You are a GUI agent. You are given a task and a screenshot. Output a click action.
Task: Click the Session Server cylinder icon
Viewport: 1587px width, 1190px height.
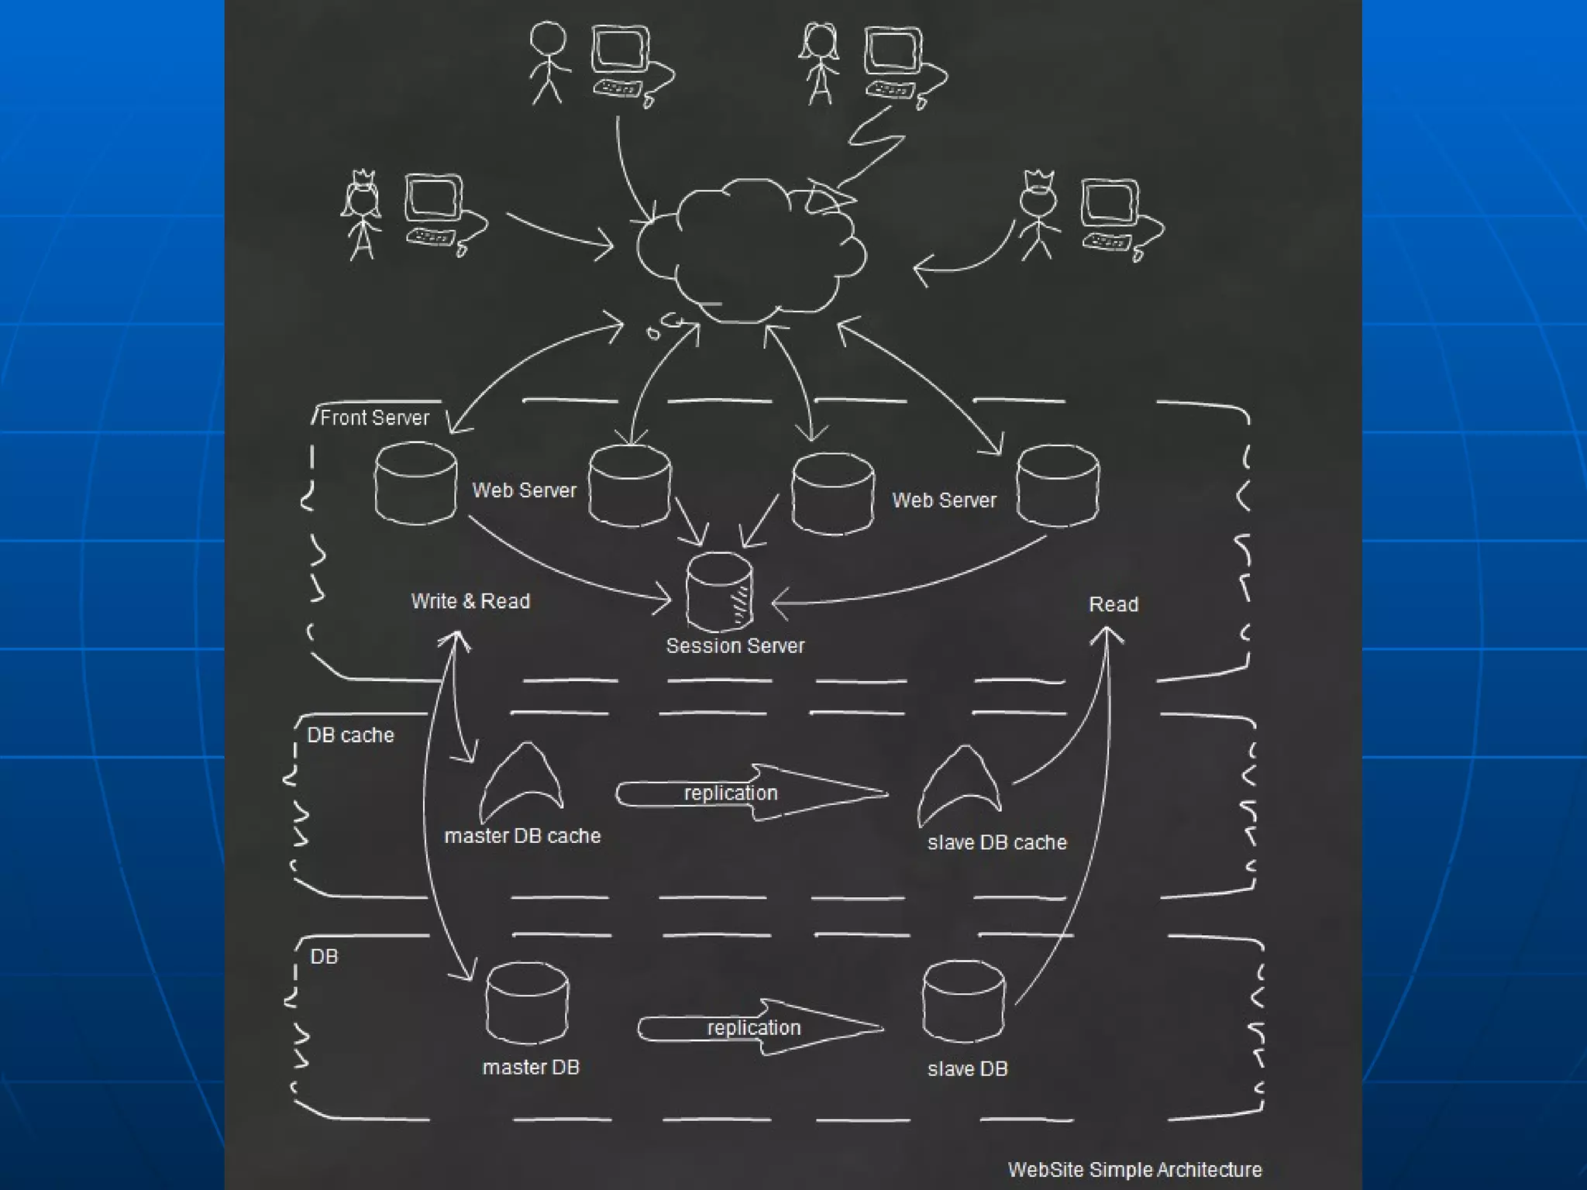(x=719, y=593)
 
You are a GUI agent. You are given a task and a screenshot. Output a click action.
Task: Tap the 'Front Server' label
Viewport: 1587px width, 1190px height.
(x=374, y=418)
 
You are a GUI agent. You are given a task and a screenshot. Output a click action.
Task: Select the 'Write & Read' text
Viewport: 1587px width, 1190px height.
(x=470, y=601)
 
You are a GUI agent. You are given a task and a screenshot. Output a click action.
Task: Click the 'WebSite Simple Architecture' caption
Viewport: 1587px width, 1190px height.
(x=1134, y=1169)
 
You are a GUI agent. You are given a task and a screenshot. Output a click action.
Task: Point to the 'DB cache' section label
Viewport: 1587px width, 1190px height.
(x=350, y=735)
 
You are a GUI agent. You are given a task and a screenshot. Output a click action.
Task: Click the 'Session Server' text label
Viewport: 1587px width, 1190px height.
(x=735, y=646)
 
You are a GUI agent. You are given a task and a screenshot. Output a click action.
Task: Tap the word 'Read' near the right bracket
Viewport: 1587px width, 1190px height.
(x=1114, y=604)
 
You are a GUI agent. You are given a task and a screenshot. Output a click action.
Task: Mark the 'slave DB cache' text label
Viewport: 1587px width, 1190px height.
(x=997, y=842)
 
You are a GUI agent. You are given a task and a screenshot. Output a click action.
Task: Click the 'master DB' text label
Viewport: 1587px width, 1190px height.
(x=531, y=1068)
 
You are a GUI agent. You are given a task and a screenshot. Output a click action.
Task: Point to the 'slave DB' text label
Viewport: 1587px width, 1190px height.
(x=967, y=1069)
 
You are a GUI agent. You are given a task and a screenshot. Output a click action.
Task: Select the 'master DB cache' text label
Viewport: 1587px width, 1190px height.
(x=522, y=836)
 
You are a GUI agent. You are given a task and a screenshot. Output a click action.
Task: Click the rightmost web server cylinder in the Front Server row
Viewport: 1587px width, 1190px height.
(x=1057, y=486)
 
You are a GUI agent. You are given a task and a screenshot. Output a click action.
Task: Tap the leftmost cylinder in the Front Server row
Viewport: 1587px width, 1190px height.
(x=415, y=483)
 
